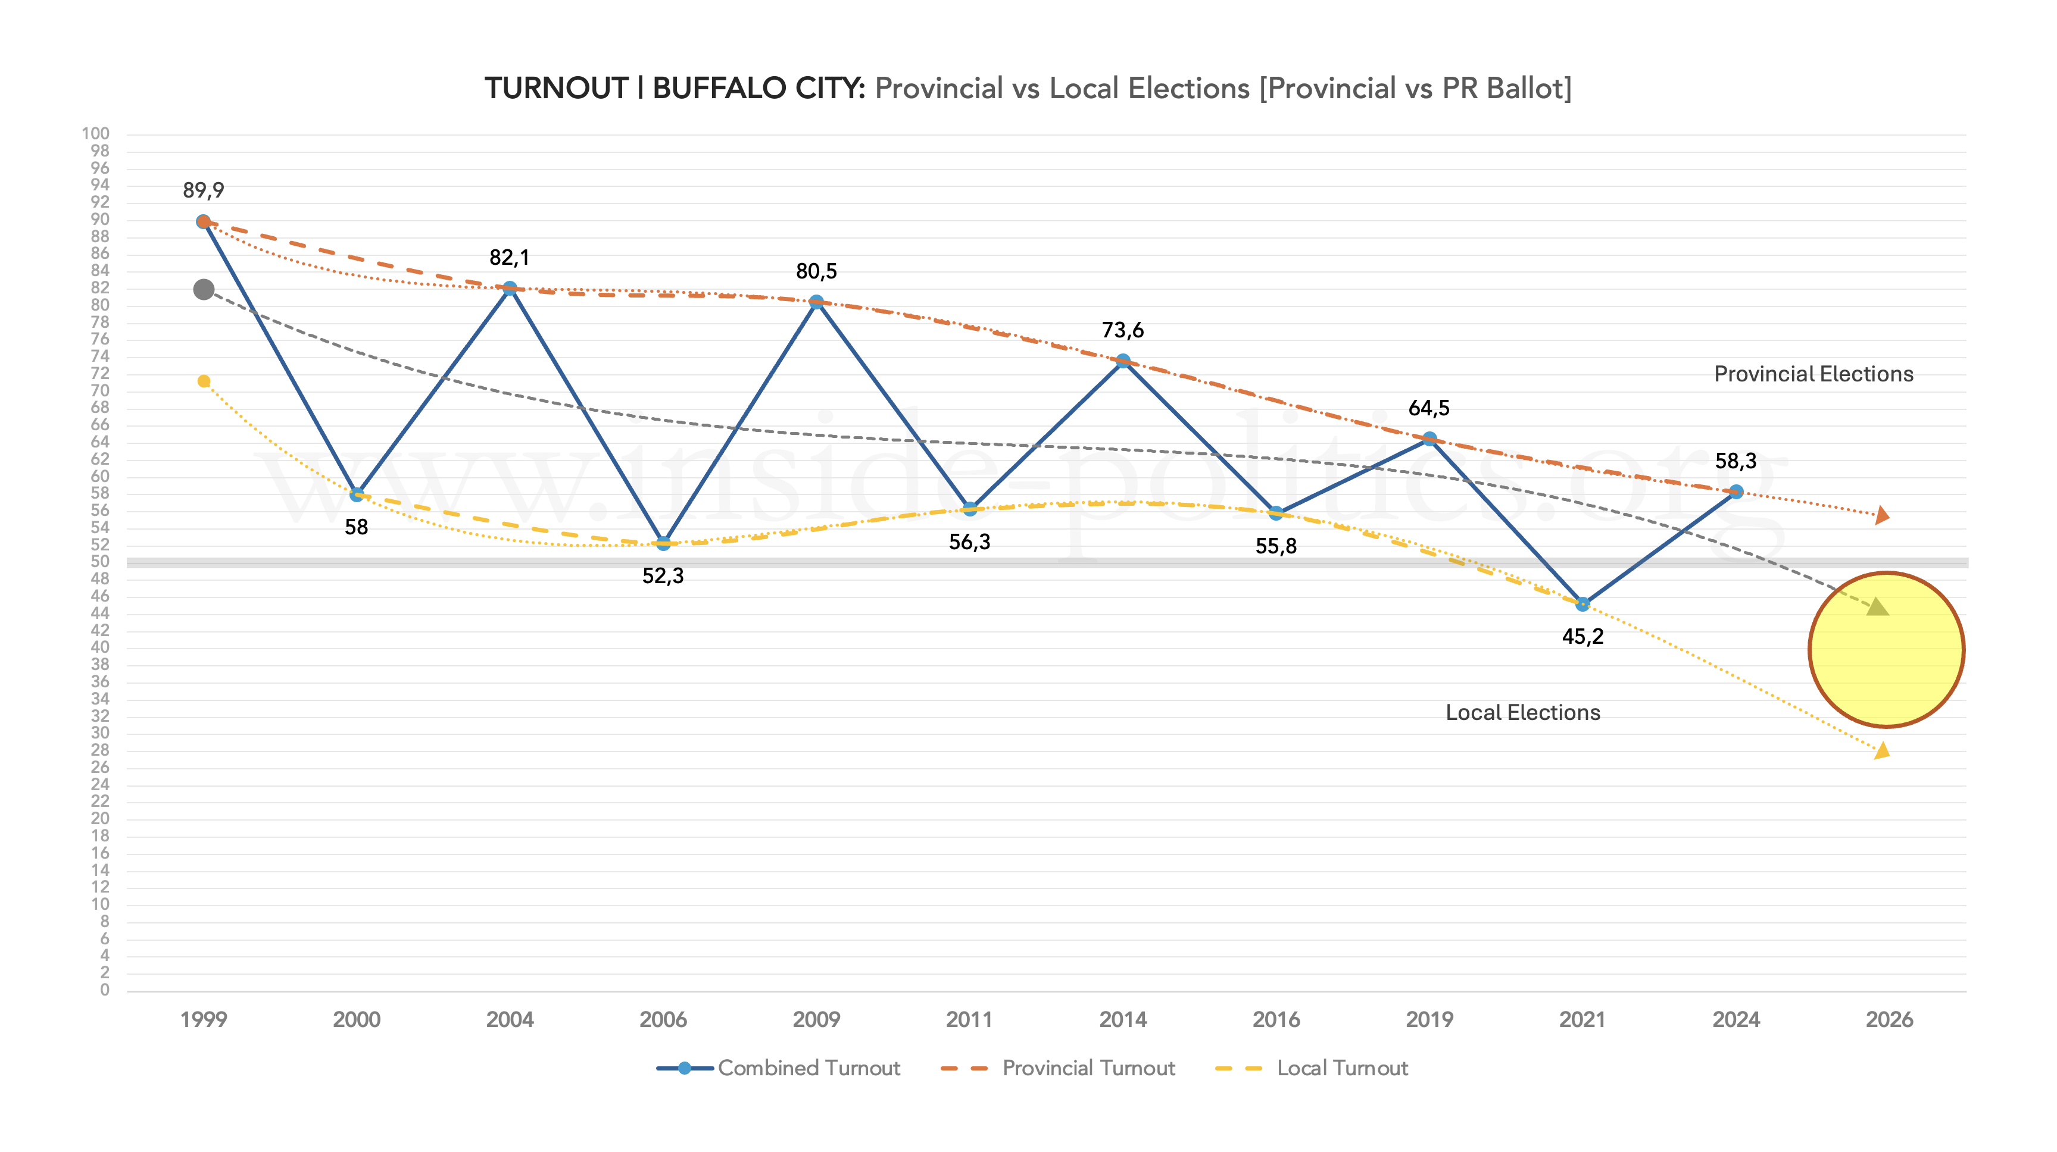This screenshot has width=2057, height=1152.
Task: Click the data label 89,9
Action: [203, 190]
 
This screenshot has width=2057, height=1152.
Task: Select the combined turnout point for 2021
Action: [1582, 605]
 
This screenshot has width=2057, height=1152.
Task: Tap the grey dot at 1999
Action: [204, 289]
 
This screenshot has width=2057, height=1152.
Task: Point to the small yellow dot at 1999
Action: [204, 381]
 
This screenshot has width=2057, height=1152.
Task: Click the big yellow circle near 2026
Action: [1886, 650]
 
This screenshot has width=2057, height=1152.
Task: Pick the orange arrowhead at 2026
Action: [1882, 516]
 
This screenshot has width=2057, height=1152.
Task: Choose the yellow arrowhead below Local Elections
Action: [1882, 750]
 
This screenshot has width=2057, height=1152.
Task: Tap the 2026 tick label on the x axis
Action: [1889, 1019]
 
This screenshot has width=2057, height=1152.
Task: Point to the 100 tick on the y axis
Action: [95, 133]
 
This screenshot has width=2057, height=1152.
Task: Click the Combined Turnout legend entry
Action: [779, 1068]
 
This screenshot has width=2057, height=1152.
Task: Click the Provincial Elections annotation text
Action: [1813, 374]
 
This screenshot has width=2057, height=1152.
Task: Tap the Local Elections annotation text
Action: [1523, 712]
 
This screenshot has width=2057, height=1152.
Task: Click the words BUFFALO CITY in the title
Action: [759, 88]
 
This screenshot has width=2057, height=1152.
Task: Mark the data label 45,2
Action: [1582, 636]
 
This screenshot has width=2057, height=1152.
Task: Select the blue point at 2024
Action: [1735, 492]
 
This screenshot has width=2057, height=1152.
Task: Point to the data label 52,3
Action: [663, 575]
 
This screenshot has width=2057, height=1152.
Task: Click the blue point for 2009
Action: [816, 302]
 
